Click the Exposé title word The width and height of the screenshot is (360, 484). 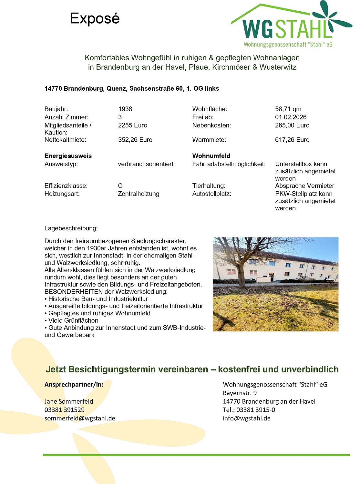click(x=95, y=19)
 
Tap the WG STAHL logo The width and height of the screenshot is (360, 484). click(x=287, y=27)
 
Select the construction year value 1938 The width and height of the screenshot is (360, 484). click(x=125, y=109)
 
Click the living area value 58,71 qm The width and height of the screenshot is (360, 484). click(x=288, y=109)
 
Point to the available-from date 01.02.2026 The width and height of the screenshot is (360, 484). click(x=291, y=117)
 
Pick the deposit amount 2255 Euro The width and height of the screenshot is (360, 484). click(x=132, y=125)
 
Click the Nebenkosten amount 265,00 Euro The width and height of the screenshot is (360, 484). click(x=292, y=125)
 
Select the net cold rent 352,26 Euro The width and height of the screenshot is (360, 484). click(x=135, y=140)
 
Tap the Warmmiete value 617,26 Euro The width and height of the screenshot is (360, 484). click(x=292, y=140)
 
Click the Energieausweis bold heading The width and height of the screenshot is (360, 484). click(x=68, y=156)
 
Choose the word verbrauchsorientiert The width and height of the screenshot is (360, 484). click(x=146, y=164)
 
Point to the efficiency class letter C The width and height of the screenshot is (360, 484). click(x=120, y=186)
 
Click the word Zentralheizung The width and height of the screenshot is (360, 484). click(x=139, y=194)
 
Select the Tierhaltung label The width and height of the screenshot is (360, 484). click(x=209, y=186)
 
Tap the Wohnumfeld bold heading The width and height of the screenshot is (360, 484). click(x=211, y=156)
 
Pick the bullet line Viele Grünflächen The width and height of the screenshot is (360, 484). click(x=73, y=320)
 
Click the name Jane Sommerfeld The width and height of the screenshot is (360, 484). click(x=69, y=401)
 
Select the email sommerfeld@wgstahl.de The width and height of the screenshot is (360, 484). click(x=80, y=418)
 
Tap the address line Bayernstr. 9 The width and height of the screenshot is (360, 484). click(x=240, y=393)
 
